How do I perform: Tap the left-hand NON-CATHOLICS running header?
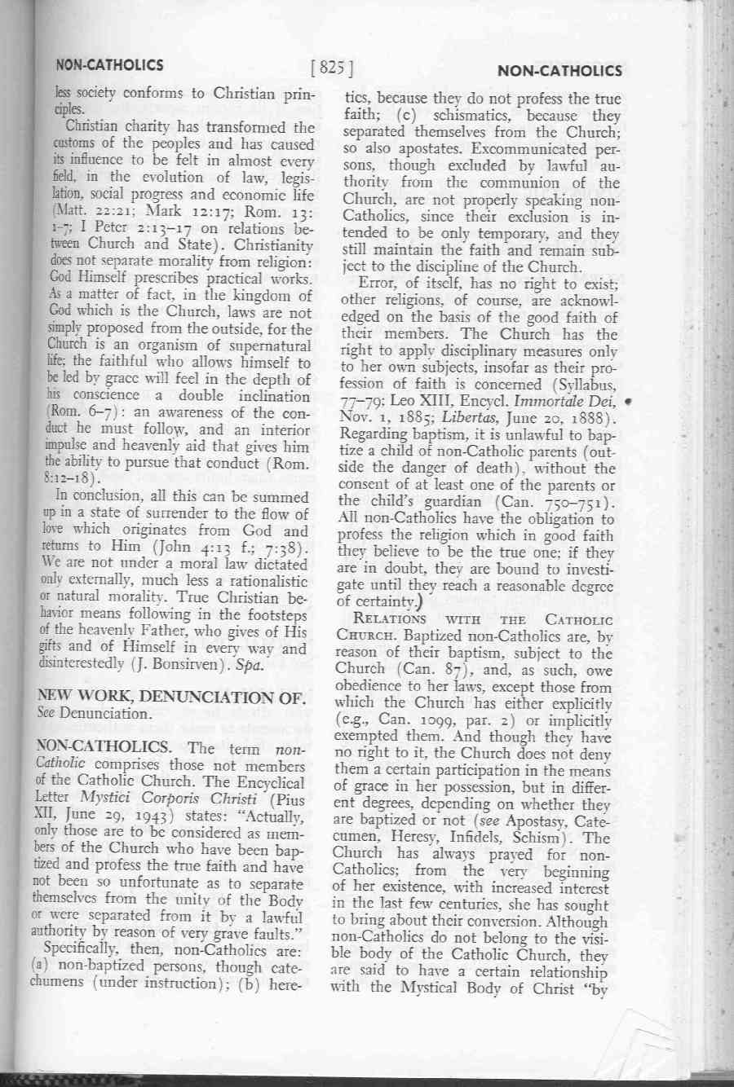(x=109, y=65)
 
